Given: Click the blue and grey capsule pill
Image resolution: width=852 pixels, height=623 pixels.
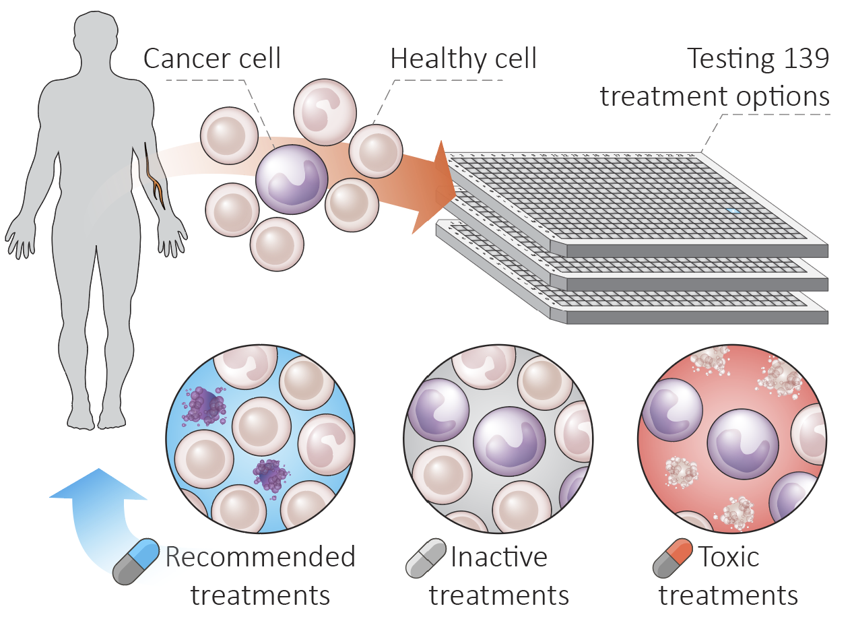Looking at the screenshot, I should (136, 561).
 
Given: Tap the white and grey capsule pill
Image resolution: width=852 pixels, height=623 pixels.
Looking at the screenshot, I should (426, 558).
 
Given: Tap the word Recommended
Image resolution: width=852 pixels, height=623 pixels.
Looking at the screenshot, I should (261, 558).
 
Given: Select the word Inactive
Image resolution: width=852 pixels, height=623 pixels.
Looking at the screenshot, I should (499, 558).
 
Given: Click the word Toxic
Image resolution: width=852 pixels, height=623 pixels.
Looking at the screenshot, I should (729, 558).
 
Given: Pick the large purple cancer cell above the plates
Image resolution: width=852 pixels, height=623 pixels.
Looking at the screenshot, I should (292, 180).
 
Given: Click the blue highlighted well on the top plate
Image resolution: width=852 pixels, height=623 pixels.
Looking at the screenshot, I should (733, 211).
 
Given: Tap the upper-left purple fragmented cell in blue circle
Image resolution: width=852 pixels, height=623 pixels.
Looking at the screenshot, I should (205, 406).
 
